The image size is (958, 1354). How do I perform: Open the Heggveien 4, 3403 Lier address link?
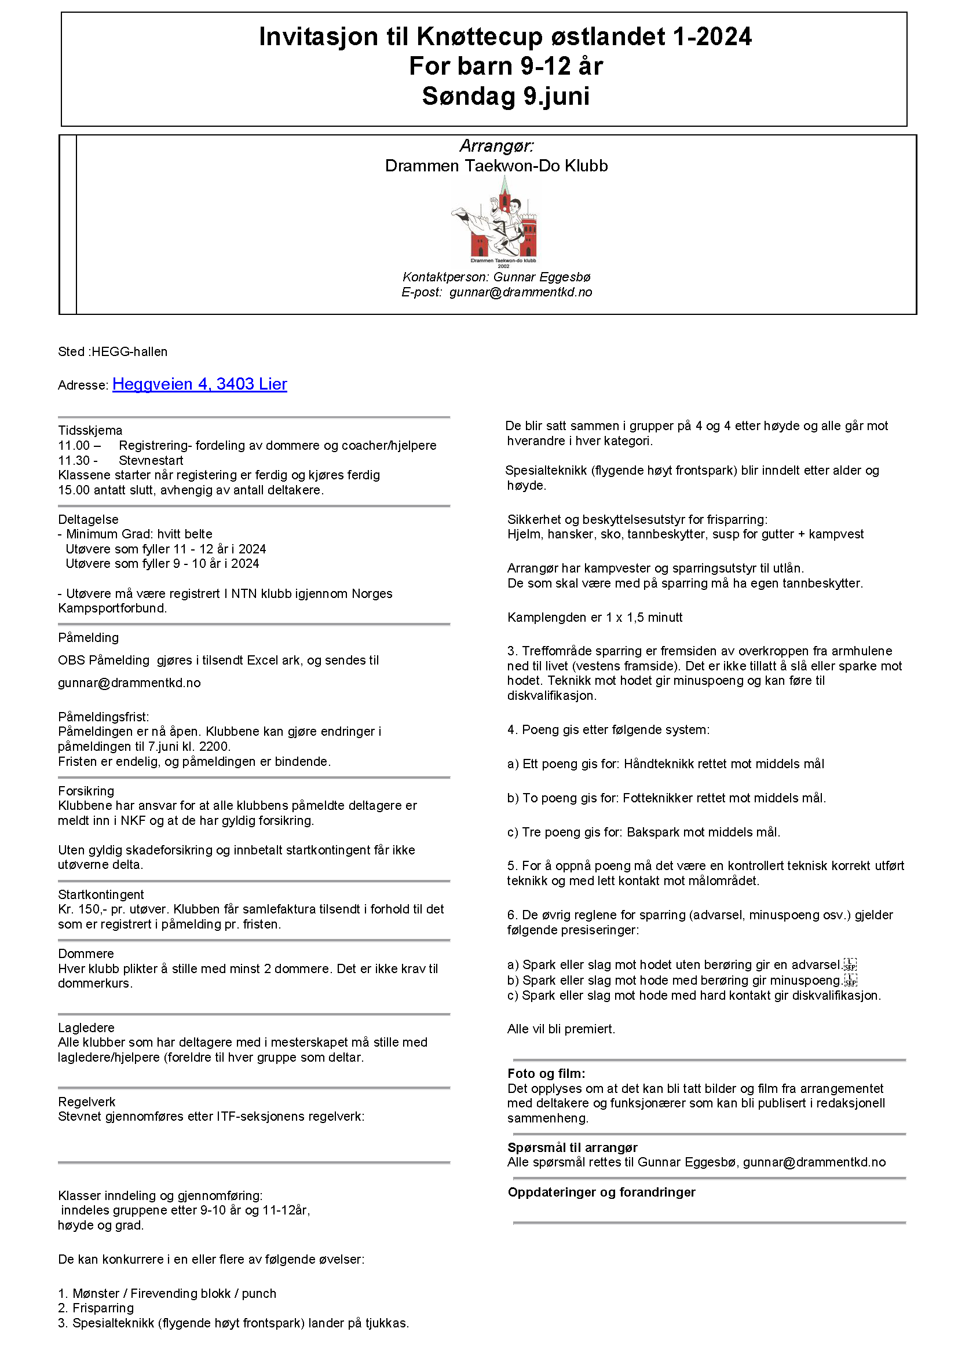pyautogui.click(x=199, y=384)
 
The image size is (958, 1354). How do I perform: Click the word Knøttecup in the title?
pyautogui.click(x=480, y=36)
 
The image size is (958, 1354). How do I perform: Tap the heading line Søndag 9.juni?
pyautogui.click(x=506, y=96)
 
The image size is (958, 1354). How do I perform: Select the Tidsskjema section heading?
pyautogui.click(x=90, y=431)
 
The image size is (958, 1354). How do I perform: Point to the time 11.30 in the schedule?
pyautogui.click(x=74, y=461)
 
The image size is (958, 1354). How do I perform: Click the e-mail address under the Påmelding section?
pyautogui.click(x=129, y=683)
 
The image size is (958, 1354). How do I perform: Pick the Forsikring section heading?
pyautogui.click(x=86, y=791)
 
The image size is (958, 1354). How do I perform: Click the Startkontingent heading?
pyautogui.click(x=101, y=894)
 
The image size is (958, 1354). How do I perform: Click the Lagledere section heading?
pyautogui.click(x=86, y=1028)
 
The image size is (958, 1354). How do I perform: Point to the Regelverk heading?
pyautogui.click(x=87, y=1102)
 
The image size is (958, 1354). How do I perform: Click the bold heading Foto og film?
pyautogui.click(x=546, y=1073)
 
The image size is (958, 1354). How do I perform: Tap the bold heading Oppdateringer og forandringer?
pyautogui.click(x=601, y=1192)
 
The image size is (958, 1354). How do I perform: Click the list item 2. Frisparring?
pyautogui.click(x=96, y=1308)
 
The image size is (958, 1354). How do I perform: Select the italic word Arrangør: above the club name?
pyautogui.click(x=496, y=146)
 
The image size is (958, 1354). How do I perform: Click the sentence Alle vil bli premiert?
pyautogui.click(x=561, y=1029)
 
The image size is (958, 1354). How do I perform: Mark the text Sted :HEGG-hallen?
pyautogui.click(x=113, y=352)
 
